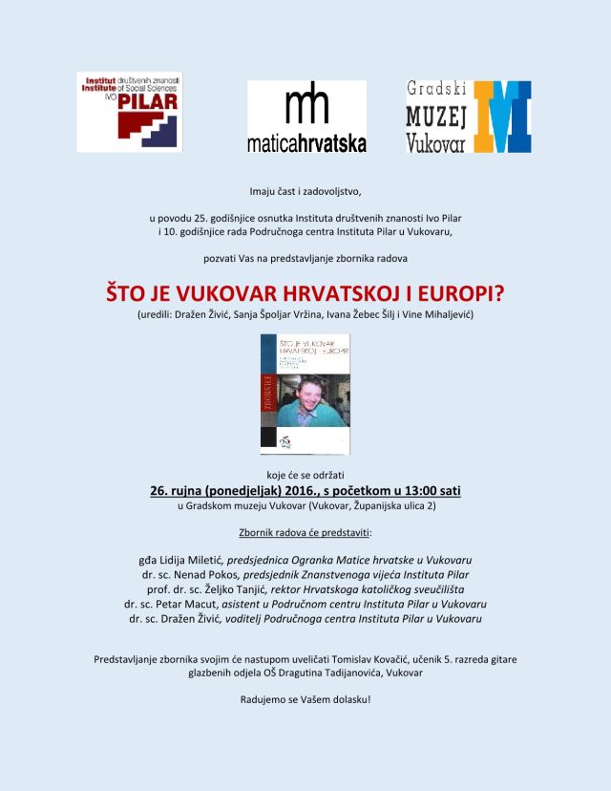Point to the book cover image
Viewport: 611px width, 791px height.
coord(305,394)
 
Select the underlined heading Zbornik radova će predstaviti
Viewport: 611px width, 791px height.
coord(305,532)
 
